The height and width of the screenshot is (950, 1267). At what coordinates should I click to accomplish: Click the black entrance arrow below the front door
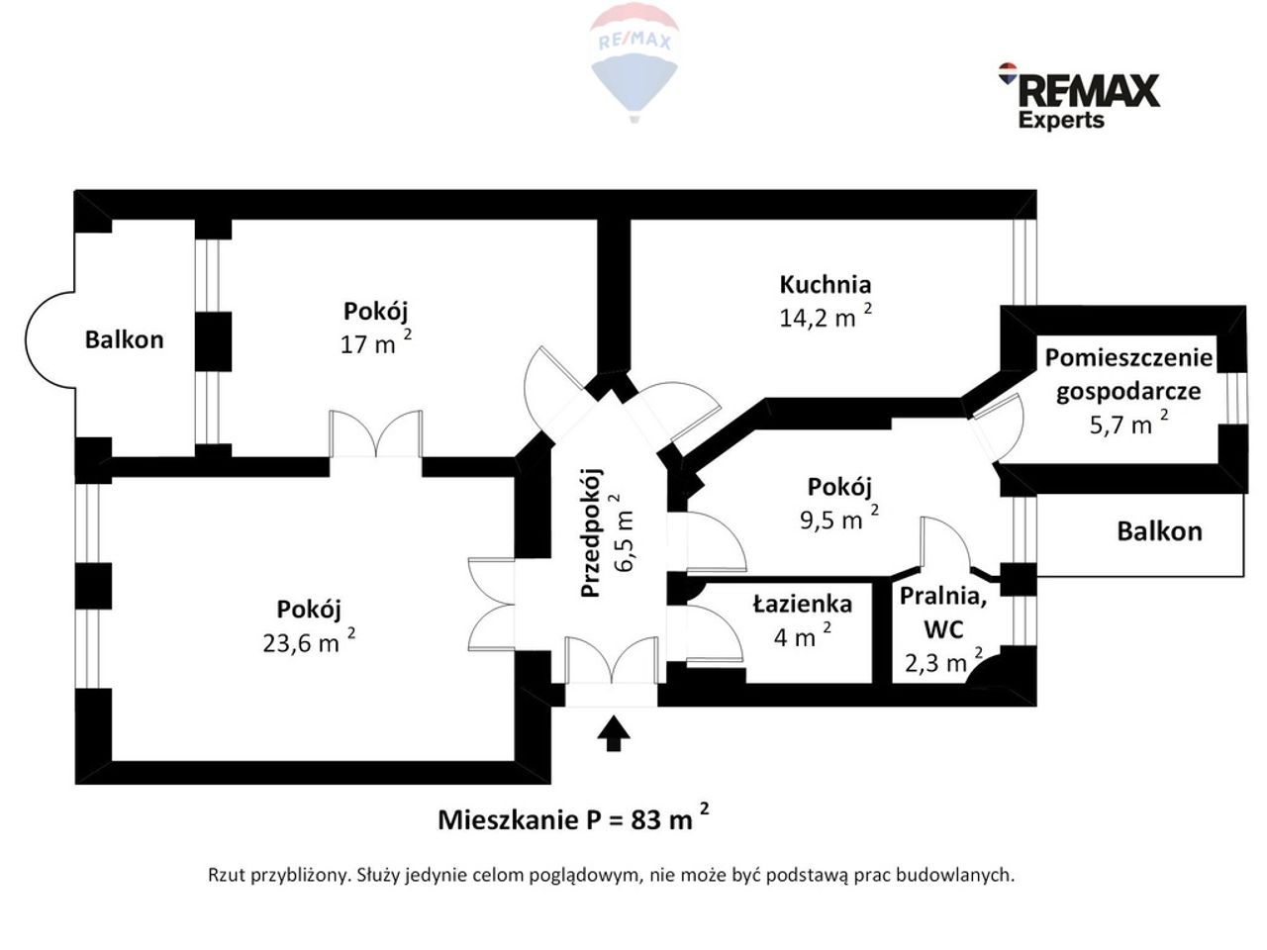click(x=613, y=732)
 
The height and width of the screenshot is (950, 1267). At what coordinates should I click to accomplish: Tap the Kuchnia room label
click(x=825, y=284)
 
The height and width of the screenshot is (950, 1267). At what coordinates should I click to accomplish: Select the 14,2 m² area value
click(x=826, y=316)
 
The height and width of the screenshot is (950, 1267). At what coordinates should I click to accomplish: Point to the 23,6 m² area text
click(x=309, y=641)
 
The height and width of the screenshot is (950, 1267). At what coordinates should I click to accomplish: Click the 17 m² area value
click(x=376, y=342)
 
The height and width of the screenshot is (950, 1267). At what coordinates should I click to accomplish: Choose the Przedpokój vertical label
click(x=591, y=532)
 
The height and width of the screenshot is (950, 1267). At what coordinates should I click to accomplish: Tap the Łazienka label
click(x=803, y=604)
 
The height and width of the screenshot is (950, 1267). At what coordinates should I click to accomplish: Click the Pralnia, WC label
click(x=942, y=612)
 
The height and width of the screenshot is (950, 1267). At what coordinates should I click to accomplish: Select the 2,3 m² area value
click(x=943, y=662)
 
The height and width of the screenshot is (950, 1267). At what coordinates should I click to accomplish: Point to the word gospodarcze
click(x=1128, y=392)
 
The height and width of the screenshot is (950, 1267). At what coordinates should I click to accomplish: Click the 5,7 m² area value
click(x=1128, y=423)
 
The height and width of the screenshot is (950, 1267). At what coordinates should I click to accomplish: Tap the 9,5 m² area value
click(x=838, y=518)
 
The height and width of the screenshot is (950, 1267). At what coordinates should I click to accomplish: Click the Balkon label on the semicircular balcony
click(x=124, y=339)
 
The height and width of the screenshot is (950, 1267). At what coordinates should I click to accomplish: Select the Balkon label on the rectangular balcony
click(x=1160, y=531)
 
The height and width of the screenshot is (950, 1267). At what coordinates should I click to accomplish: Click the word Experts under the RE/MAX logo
click(x=1061, y=121)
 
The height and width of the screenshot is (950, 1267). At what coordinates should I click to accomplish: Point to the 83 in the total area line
click(x=645, y=819)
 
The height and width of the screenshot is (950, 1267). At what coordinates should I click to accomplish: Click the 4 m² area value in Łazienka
click(x=803, y=636)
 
